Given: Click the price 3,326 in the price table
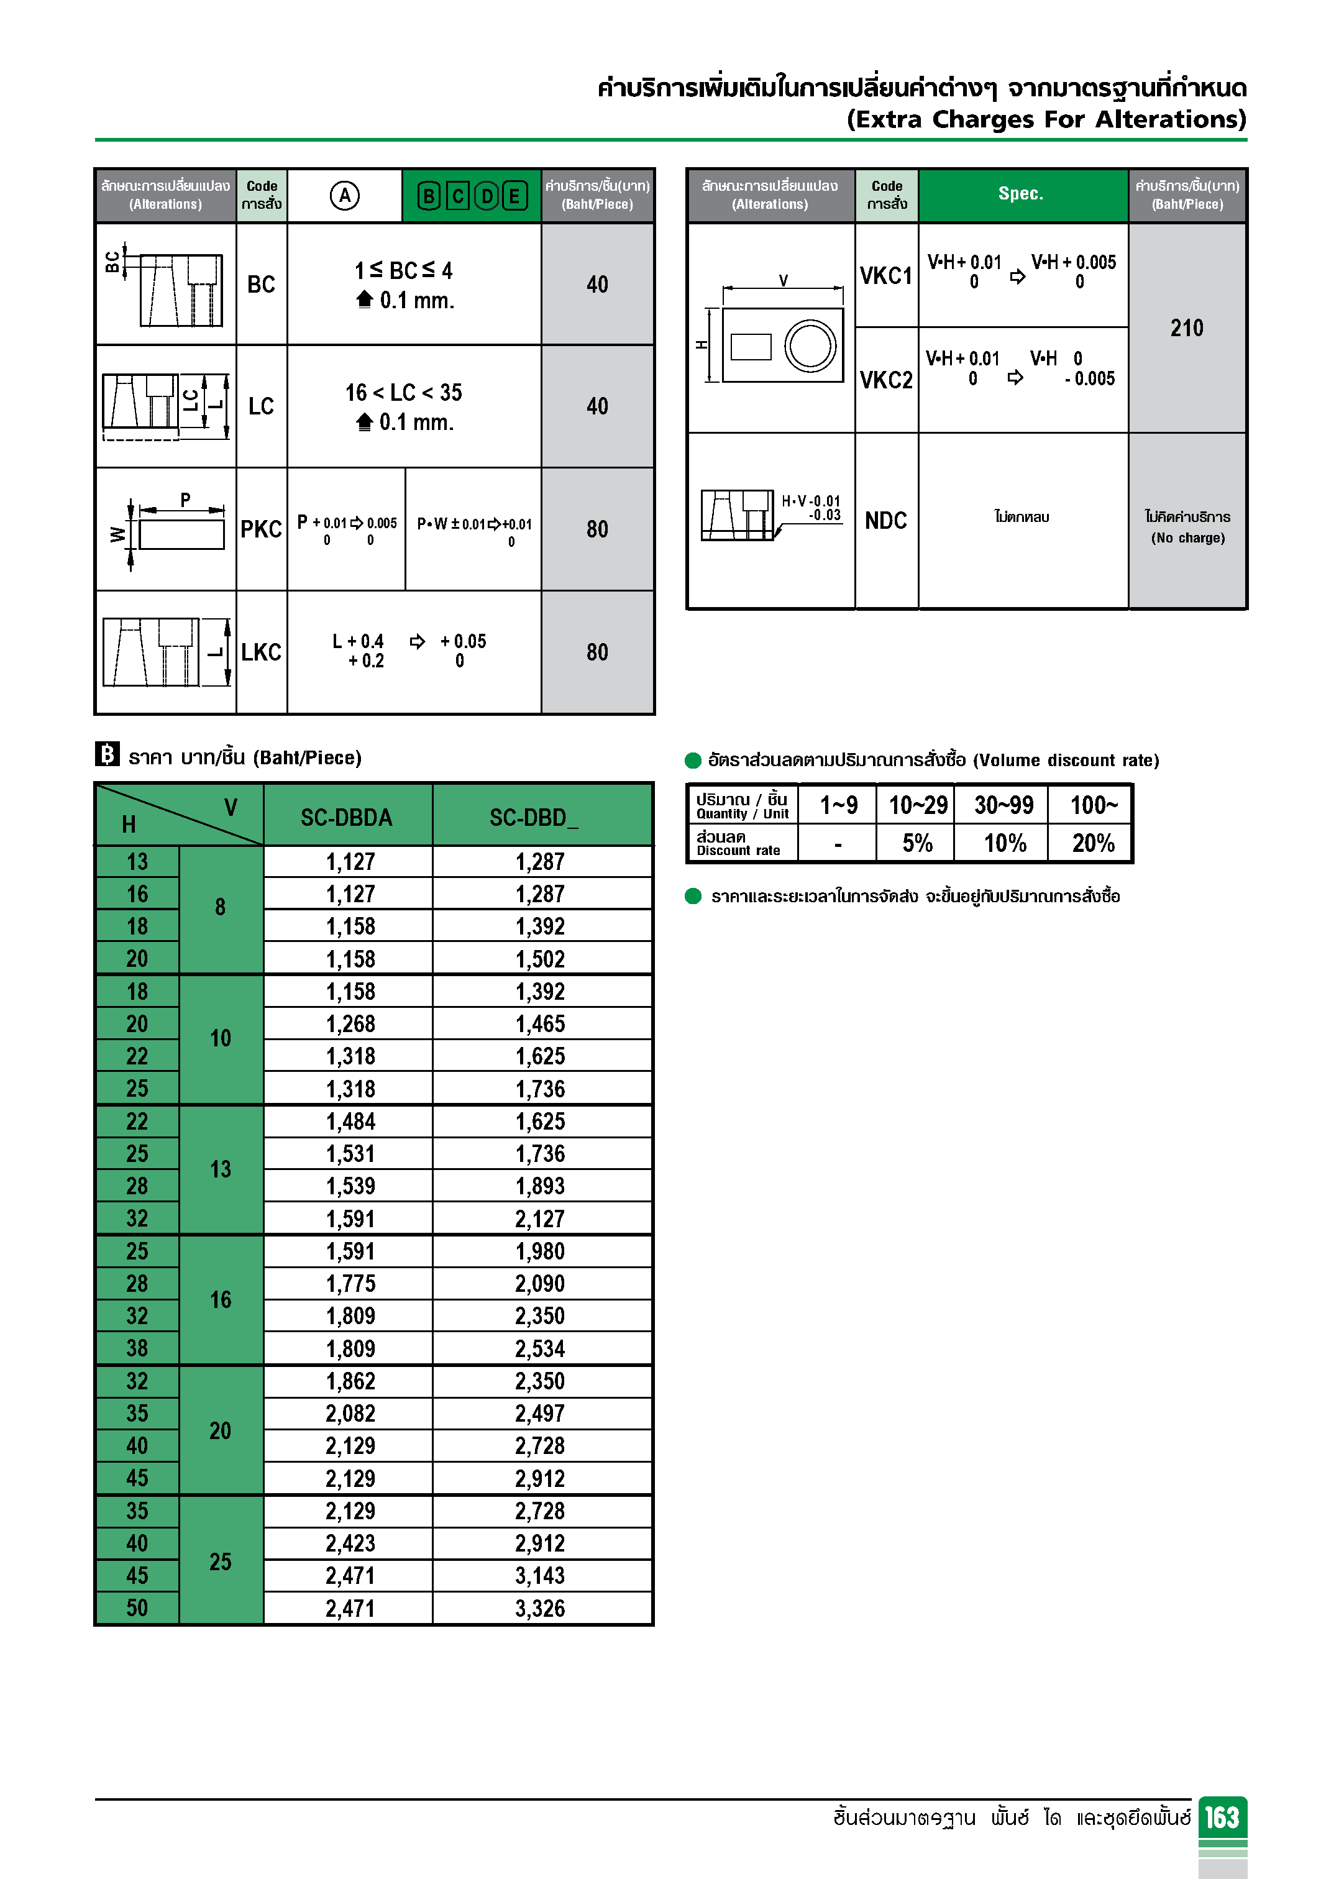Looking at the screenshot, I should point(539,1608).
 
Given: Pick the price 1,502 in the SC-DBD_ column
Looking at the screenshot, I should point(539,958).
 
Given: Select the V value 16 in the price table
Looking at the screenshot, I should point(220,1300).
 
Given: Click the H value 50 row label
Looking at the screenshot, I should point(137,1608).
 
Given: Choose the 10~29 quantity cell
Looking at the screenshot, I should point(918,805).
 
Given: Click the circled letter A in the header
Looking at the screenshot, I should point(345,196).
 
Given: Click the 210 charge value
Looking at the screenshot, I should point(1187,328).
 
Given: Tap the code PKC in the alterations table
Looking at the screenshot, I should point(261,529).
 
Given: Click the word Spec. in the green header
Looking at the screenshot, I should point(1021,194).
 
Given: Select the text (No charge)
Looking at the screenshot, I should point(1187,537).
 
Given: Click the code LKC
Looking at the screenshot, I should point(261,652).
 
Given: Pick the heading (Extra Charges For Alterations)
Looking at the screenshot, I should point(1046,119).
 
